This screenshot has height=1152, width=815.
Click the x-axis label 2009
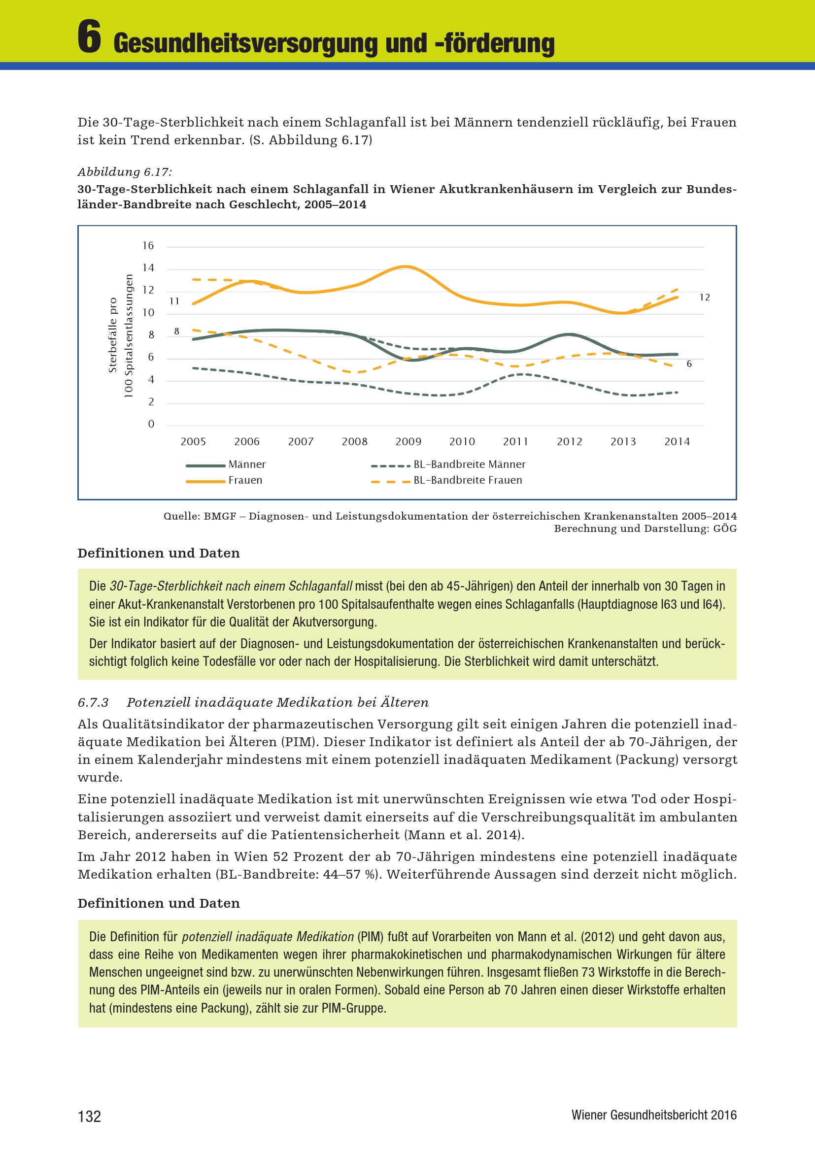pyautogui.click(x=408, y=442)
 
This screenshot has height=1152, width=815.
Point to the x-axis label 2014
pyautogui.click(x=677, y=442)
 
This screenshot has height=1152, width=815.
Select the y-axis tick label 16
pyautogui.click(x=148, y=246)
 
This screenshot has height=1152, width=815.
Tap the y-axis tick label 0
pyautogui.click(x=151, y=425)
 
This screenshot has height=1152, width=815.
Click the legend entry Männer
pyautogui.click(x=247, y=464)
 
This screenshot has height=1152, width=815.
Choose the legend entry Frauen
pyautogui.click(x=245, y=480)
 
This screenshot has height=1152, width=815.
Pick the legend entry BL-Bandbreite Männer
pyautogui.click(x=469, y=464)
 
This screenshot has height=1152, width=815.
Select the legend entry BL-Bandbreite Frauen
pyautogui.click(x=467, y=480)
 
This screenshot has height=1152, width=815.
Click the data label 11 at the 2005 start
pyautogui.click(x=174, y=301)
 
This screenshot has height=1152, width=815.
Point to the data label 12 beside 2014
pyautogui.click(x=705, y=297)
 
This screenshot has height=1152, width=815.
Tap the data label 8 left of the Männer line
pyautogui.click(x=177, y=331)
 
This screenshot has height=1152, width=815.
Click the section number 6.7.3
pyautogui.click(x=93, y=702)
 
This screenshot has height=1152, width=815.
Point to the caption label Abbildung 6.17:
pyautogui.click(x=125, y=172)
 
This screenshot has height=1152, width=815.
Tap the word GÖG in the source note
pyautogui.click(x=725, y=529)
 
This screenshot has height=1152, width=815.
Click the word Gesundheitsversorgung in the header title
pyautogui.click(x=245, y=43)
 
